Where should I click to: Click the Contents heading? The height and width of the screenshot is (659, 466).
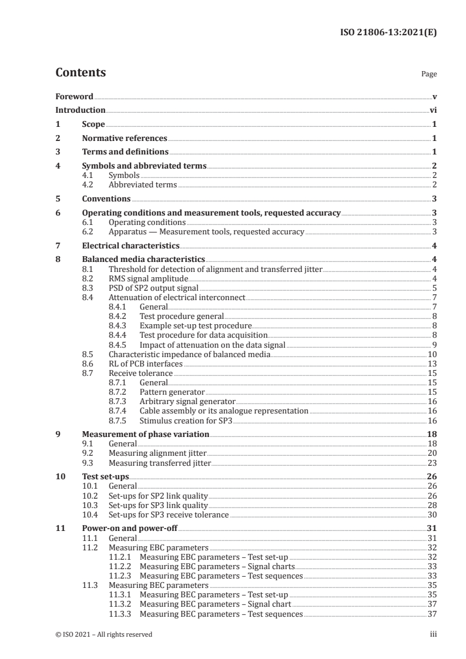tap(81, 73)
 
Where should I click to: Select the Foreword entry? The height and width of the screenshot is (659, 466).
tap(74, 96)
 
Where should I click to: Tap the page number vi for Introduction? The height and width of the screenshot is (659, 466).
tap(433, 110)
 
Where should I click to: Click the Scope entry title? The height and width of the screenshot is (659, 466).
tap(93, 124)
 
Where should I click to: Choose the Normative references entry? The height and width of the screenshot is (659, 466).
tap(125, 139)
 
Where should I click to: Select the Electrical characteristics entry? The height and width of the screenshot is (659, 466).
tap(131, 246)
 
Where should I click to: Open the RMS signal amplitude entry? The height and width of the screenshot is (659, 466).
tap(149, 278)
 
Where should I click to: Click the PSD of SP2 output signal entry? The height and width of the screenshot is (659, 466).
tap(153, 288)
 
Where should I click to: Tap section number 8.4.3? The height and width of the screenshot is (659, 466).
tap(120, 325)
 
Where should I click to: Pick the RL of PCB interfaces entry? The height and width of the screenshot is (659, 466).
tap(146, 363)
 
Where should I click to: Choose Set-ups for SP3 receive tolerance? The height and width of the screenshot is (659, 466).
tap(169, 515)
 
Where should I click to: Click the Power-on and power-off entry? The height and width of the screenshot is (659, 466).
tap(129, 529)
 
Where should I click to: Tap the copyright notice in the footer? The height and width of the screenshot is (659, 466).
tap(104, 634)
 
